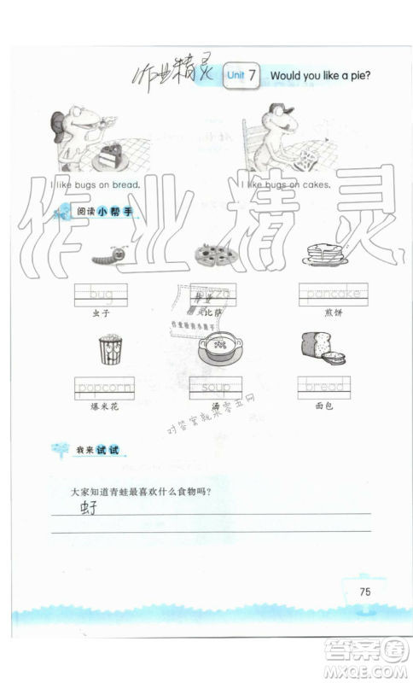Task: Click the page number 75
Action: pos(364,592)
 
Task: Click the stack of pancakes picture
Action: pos(323,254)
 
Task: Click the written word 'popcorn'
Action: pos(105,388)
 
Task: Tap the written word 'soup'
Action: pos(215,388)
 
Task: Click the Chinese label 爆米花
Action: pos(105,408)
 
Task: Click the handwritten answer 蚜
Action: pos(89,509)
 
